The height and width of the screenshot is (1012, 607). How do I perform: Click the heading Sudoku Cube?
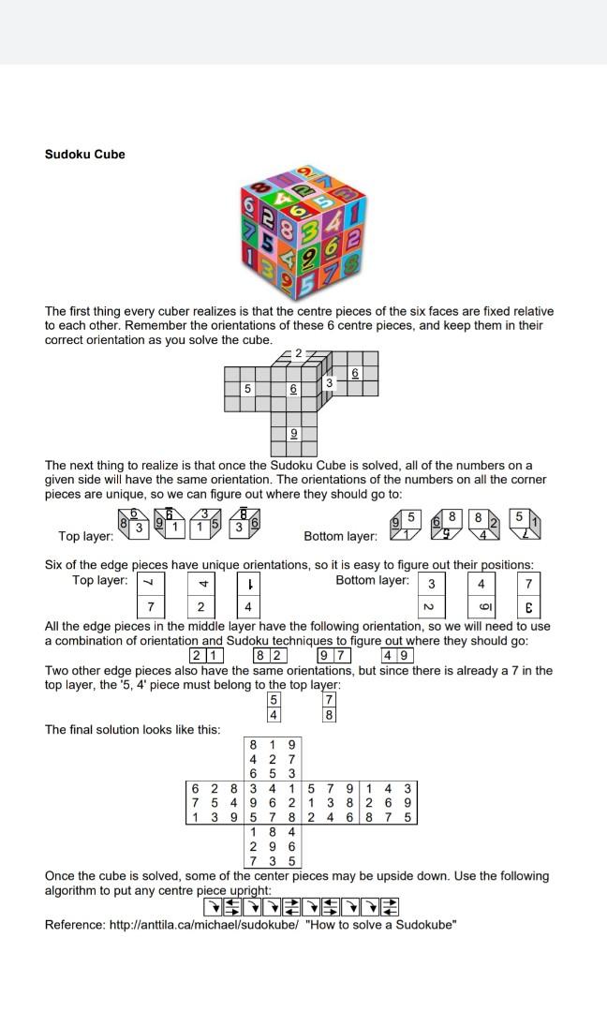click(84, 155)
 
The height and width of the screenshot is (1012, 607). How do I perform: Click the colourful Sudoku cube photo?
click(303, 231)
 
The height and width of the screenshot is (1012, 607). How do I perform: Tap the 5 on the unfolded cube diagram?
click(248, 388)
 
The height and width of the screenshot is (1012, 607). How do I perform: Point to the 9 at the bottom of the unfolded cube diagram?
click(293, 433)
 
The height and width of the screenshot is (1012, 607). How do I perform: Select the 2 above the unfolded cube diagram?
click(298, 353)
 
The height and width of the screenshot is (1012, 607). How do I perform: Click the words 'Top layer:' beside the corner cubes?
click(85, 537)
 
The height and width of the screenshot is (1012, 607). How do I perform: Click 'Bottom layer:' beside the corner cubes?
click(340, 537)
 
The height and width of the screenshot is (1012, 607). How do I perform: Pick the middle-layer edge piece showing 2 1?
click(206, 655)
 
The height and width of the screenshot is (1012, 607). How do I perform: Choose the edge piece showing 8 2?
click(270, 655)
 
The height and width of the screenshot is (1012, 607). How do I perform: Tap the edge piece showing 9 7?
click(334, 655)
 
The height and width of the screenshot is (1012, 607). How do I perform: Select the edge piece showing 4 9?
click(398, 655)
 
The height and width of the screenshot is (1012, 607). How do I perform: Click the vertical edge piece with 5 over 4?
click(274, 707)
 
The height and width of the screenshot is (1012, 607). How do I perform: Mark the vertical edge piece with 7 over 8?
click(329, 707)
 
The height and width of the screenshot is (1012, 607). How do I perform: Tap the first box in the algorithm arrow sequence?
click(213, 907)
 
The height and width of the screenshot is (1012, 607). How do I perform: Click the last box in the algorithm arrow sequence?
click(392, 907)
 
